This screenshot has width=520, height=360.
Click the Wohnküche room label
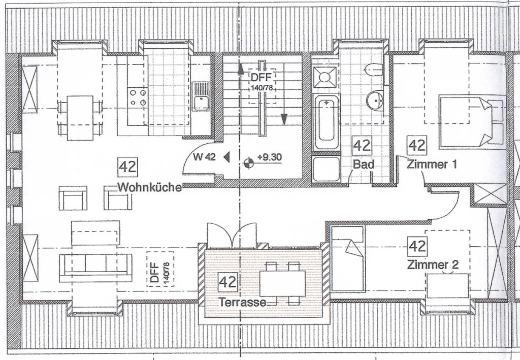[150, 187]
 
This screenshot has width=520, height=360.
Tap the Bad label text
[364, 164]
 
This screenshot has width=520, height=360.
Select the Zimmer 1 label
[432, 165]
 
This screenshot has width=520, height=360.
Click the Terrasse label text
[243, 302]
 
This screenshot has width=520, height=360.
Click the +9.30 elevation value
[270, 157]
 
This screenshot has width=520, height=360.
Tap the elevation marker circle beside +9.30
[248, 163]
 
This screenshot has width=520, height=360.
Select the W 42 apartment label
[205, 157]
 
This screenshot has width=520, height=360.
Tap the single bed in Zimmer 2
[347, 258]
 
